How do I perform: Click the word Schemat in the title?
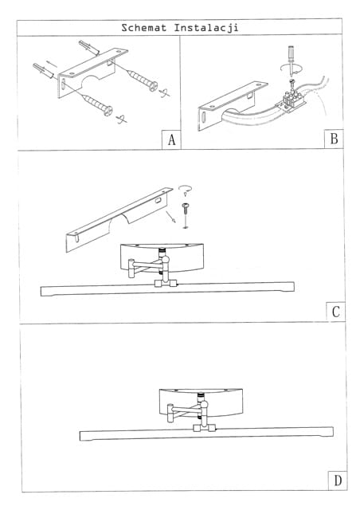(x=143, y=28)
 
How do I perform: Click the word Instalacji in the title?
(x=206, y=28)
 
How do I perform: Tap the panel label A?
(x=172, y=140)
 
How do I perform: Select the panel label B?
(x=334, y=139)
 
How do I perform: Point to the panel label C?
(x=336, y=312)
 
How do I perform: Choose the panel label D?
(x=338, y=481)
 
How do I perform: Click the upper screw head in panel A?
(x=153, y=86)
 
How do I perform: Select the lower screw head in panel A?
(x=108, y=111)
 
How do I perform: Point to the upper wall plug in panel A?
(x=88, y=48)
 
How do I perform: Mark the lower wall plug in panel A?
(x=43, y=71)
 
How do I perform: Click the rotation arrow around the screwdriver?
(x=292, y=69)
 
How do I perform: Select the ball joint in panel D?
(x=204, y=405)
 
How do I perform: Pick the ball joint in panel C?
(x=165, y=260)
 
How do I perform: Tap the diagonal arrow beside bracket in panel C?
(x=171, y=217)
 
